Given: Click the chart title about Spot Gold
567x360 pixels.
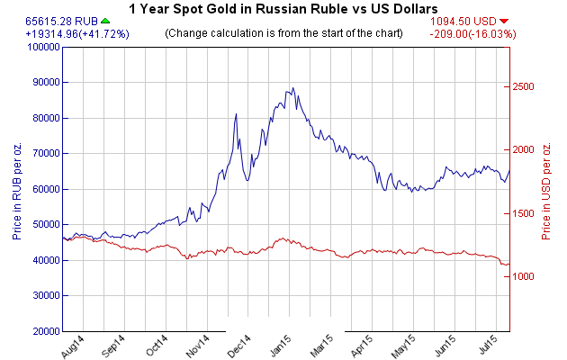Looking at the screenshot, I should (x=283, y=8).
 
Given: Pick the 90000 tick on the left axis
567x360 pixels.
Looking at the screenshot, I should (x=43, y=82).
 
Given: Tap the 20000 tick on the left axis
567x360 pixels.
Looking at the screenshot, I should (x=43, y=331).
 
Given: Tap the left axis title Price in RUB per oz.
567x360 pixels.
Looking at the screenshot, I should (x=17, y=188).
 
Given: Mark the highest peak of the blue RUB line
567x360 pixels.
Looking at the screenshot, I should (x=292, y=88).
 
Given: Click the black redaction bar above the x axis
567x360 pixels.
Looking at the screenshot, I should (x=284, y=324).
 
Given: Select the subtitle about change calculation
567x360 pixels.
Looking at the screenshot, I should (x=283, y=33).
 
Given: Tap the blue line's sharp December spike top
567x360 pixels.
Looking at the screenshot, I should (x=236, y=114).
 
